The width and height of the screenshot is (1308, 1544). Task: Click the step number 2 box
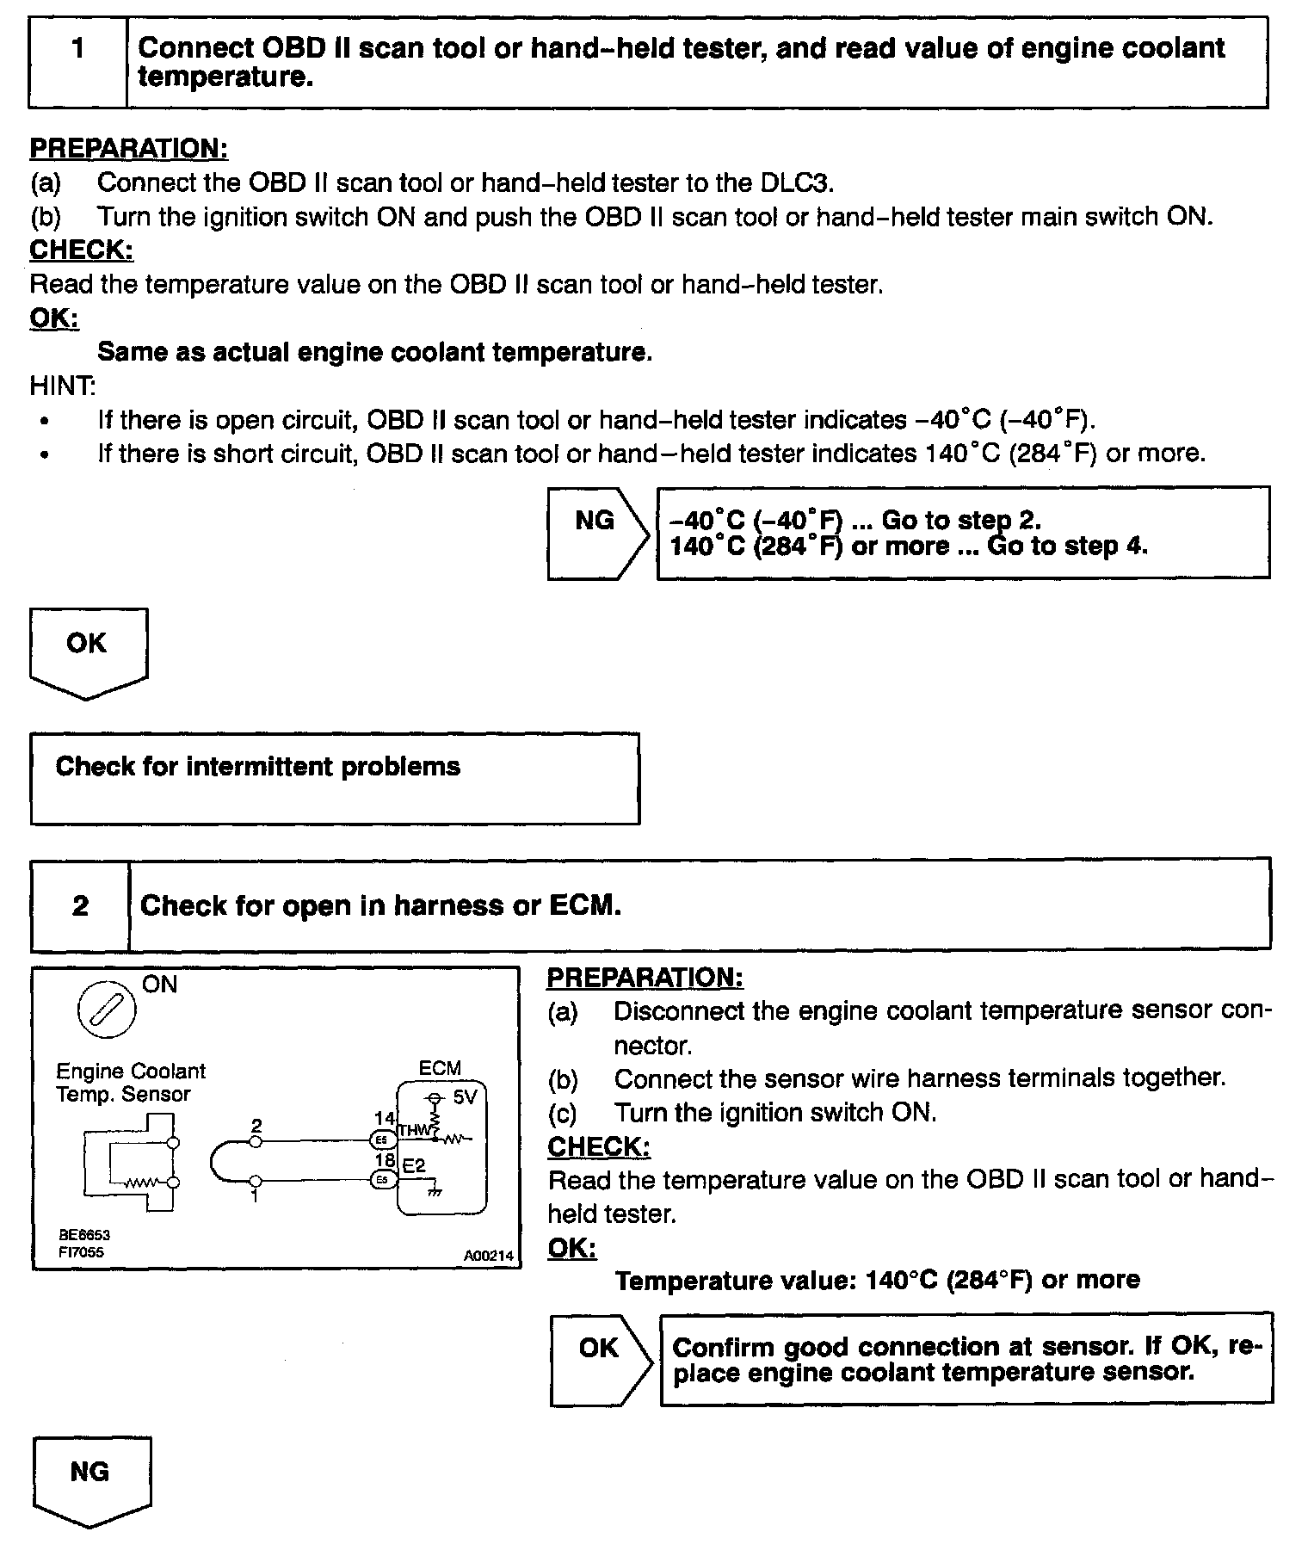coord(80,905)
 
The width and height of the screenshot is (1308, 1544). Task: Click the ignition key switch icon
coord(107,1008)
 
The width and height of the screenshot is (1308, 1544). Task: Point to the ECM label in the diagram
coord(440,1068)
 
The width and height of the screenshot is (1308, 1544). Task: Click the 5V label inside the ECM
coord(465,1097)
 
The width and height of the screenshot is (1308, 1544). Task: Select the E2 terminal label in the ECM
coord(414,1166)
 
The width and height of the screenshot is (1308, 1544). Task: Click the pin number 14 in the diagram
coord(385,1119)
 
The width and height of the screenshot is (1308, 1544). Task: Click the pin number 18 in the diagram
coord(385,1160)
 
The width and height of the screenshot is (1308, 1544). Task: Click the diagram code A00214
coord(488,1256)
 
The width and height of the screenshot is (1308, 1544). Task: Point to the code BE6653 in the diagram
coord(84,1234)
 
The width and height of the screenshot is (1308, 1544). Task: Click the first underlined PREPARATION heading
coord(129,148)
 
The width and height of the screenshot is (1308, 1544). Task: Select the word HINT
coord(63,386)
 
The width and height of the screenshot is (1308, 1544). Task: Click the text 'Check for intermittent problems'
coord(258,767)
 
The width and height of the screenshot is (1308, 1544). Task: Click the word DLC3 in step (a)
coord(796,182)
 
